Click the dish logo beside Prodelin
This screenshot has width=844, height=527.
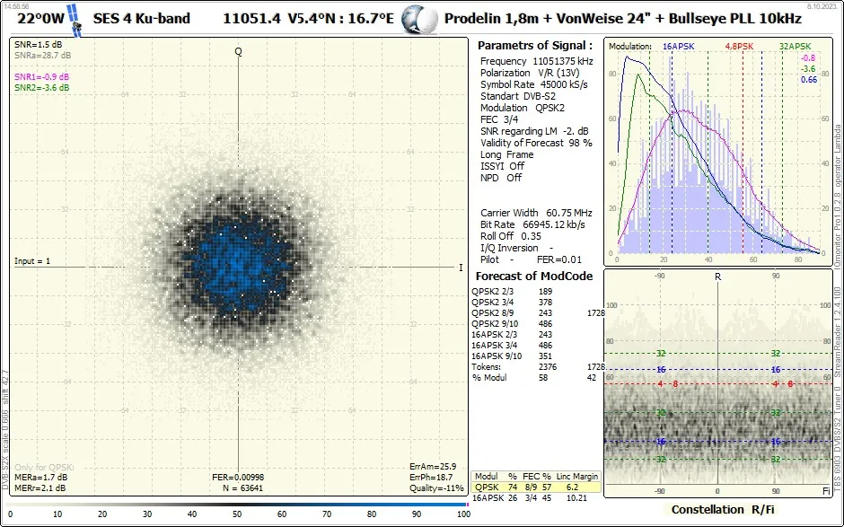[x=417, y=18]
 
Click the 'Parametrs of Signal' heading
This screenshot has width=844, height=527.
[x=534, y=45]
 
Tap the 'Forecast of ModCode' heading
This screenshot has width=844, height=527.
[x=533, y=276]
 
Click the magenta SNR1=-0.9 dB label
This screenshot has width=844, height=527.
[x=42, y=77]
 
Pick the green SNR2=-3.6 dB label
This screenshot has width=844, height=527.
[x=42, y=88]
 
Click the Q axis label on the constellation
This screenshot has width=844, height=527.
[x=239, y=51]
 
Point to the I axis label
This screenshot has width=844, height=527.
[x=461, y=268]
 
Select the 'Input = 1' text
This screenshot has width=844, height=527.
[x=32, y=261]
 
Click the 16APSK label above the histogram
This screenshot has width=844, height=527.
[x=678, y=46]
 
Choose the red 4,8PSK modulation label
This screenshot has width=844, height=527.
[x=739, y=46]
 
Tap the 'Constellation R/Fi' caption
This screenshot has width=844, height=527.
[x=721, y=510]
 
